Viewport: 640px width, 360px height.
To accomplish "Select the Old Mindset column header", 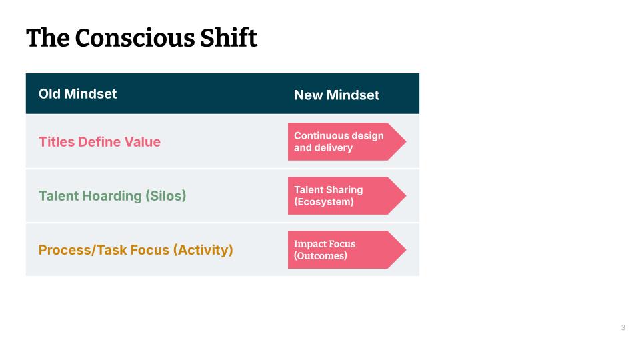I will pyautogui.click(x=77, y=93).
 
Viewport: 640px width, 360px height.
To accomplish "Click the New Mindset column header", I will pyautogui.click(x=336, y=95).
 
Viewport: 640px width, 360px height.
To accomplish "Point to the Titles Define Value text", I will pyautogui.click(x=99, y=141).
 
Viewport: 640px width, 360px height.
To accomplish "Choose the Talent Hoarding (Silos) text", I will pyautogui.click(x=112, y=195).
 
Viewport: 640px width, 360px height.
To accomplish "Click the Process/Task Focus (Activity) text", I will pyautogui.click(x=136, y=250).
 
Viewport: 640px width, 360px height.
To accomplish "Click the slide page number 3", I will pyautogui.click(x=623, y=327).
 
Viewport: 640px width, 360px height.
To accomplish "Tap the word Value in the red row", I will pyautogui.click(x=143, y=141).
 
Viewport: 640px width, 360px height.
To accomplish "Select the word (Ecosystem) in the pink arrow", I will pyautogui.click(x=323, y=201).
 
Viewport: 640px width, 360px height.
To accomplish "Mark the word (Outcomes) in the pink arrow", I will pyautogui.click(x=321, y=255).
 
